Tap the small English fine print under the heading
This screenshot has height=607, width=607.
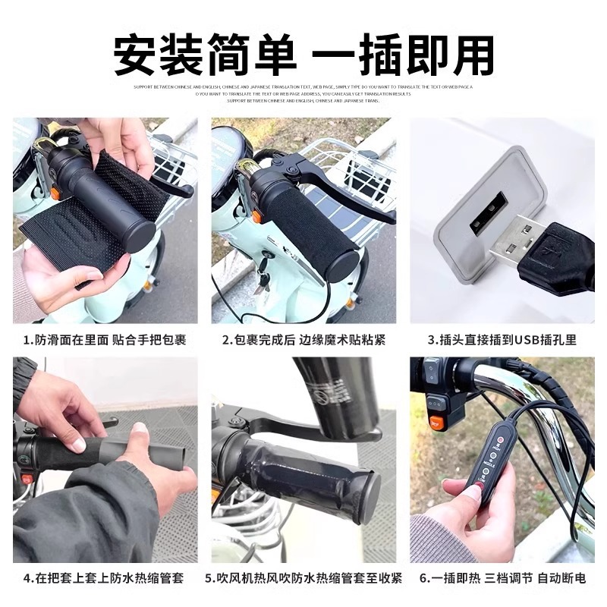(303, 93)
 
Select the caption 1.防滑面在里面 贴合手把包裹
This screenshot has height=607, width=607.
(105, 340)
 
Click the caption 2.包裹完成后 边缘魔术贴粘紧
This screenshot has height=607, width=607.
(303, 340)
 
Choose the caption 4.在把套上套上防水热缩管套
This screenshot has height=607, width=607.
(105, 579)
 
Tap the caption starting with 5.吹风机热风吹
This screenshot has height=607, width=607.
(303, 579)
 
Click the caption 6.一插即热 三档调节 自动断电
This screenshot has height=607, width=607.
(502, 579)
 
